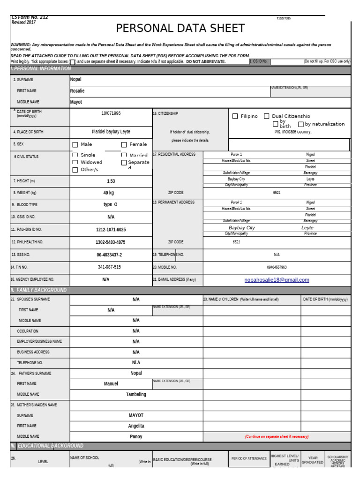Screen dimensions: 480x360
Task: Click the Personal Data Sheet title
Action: (x=180, y=29)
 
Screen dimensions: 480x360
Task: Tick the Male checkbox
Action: (x=75, y=145)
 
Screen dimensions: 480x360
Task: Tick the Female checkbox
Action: (x=124, y=145)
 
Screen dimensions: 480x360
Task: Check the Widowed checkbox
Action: (x=75, y=163)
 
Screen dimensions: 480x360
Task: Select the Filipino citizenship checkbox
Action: (x=235, y=116)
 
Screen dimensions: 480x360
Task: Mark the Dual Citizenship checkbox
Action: (x=266, y=116)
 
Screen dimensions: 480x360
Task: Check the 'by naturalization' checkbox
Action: (x=301, y=124)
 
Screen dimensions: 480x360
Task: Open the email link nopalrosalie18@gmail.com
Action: (x=277, y=280)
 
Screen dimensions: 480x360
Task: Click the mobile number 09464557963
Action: (x=277, y=267)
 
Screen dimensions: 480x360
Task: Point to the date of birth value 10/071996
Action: (x=111, y=113)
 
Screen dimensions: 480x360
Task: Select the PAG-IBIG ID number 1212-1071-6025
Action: (x=111, y=230)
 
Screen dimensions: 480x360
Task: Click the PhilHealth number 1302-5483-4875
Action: (x=111, y=242)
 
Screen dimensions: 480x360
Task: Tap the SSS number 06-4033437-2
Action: (x=109, y=255)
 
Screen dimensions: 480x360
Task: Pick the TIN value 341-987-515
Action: (x=109, y=267)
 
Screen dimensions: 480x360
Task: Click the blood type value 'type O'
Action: (x=111, y=204)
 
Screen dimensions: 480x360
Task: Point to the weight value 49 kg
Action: (x=109, y=192)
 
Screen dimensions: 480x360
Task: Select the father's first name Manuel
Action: (x=111, y=383)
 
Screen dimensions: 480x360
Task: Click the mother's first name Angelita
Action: (x=136, y=426)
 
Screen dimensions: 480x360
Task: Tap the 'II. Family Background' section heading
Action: (x=38, y=290)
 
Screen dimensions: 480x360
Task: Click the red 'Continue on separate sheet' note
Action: (x=277, y=436)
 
